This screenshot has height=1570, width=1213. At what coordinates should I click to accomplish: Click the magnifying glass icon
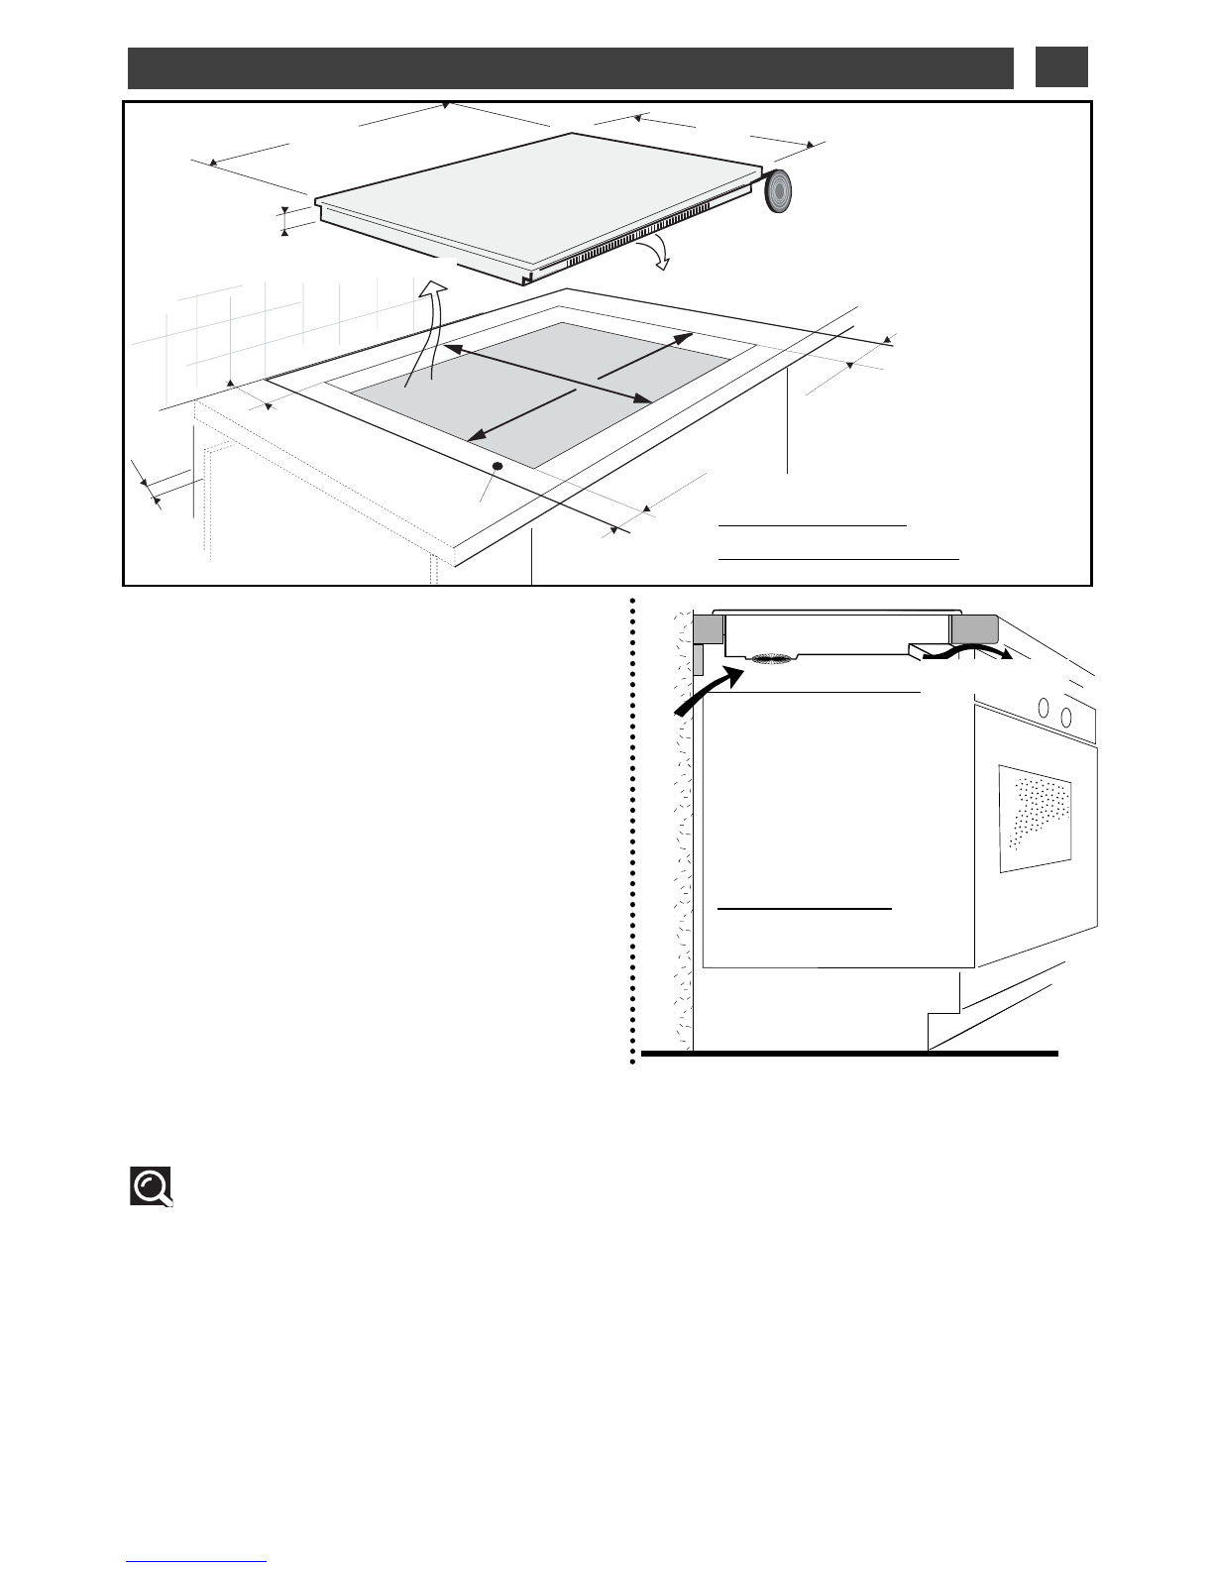point(152,1186)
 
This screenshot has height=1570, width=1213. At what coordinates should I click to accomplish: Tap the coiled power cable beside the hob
point(780,190)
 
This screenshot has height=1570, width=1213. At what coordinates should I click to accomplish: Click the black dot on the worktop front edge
point(497,466)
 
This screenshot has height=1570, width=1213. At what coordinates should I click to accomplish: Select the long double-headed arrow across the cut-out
point(546,374)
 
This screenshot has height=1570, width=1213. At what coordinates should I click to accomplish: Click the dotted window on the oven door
point(1035,817)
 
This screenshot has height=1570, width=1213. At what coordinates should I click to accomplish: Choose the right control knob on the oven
point(1065,716)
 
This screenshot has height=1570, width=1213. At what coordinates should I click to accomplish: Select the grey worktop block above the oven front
point(974,629)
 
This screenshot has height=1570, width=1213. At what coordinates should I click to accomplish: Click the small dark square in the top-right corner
point(1061,66)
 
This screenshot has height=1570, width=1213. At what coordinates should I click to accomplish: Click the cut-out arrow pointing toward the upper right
point(645,358)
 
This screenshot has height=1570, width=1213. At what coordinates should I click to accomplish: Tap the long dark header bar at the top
point(570,67)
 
